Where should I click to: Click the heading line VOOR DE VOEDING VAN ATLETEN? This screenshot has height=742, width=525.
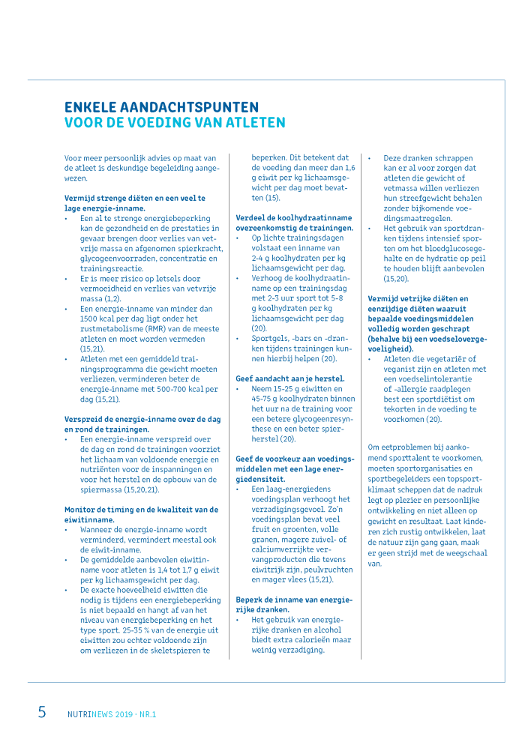click(174, 123)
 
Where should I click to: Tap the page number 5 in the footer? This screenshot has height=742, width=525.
click(42, 712)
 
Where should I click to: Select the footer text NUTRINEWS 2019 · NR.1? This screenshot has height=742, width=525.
click(112, 714)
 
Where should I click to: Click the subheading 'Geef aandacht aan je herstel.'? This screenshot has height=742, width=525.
click(290, 378)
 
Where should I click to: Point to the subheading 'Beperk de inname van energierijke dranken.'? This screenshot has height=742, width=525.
click(294, 604)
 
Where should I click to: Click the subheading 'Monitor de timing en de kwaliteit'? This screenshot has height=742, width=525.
click(141, 514)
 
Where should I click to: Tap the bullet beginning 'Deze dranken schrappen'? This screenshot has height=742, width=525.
click(429, 184)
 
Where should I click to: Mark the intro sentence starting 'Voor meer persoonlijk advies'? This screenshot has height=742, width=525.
click(140, 169)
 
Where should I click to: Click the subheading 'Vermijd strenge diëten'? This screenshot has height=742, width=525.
click(135, 203)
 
